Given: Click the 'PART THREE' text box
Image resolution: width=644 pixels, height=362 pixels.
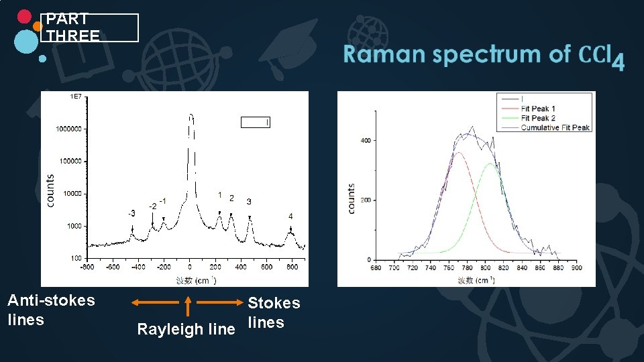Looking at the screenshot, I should click(89, 27).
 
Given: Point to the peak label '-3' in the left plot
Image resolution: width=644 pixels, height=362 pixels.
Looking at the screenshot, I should click(131, 213).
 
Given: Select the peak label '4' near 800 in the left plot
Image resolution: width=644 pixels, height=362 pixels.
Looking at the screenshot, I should click(290, 217).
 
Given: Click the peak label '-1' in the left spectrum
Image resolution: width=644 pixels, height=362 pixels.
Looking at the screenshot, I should click(163, 201).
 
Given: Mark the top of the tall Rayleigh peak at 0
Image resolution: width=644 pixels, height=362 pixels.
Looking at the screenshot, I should click(191, 115).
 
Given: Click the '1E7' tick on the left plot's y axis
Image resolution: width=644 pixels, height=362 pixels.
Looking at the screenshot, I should click(76, 97).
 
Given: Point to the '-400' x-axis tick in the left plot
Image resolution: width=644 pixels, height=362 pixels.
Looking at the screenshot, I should click(138, 267).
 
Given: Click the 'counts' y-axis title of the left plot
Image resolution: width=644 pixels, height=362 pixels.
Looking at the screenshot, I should click(50, 191).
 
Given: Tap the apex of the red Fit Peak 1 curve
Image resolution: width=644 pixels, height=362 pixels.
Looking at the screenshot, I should click(460, 153).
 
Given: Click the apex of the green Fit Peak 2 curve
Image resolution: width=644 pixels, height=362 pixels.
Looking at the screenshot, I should click(492, 164).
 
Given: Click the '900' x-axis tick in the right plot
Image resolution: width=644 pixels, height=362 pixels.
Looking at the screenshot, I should click(576, 267).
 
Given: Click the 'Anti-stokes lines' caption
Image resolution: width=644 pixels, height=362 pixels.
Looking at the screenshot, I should click(51, 310).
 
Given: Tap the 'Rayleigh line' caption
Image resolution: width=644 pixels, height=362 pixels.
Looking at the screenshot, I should click(186, 329).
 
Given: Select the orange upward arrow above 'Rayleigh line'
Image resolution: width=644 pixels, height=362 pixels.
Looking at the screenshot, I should click(189, 306).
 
